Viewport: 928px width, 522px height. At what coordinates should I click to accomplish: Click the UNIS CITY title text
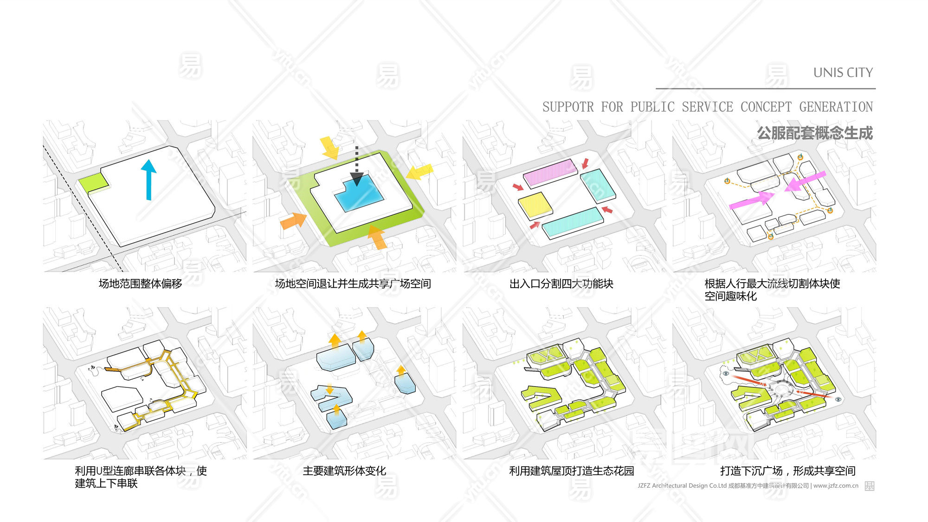pos(843,73)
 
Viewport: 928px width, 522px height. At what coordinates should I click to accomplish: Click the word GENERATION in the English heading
pos(836,107)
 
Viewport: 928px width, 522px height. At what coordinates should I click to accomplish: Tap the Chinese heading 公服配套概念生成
pos(815,133)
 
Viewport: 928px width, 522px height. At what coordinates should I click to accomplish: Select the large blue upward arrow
pos(148,179)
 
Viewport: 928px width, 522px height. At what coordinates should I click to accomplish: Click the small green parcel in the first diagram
pos(94,183)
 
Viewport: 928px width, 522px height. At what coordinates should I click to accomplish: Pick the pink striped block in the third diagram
pos(550,173)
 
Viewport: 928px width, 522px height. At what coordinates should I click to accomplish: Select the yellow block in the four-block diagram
pos(535,206)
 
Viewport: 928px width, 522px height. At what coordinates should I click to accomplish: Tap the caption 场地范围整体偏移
pos(140,284)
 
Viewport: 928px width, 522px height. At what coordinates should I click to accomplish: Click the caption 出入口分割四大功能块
pos(561,284)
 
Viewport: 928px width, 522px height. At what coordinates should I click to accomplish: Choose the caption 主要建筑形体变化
pos(344,471)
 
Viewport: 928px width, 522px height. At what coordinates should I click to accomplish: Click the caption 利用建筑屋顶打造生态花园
pos(571,471)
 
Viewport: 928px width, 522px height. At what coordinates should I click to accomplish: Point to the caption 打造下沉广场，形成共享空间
pos(787,471)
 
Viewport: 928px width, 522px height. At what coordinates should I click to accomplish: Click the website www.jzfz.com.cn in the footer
pos(836,486)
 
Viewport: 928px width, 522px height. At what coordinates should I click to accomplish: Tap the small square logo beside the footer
pos(870,486)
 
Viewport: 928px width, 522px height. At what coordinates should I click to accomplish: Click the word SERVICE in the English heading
pos(707,107)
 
